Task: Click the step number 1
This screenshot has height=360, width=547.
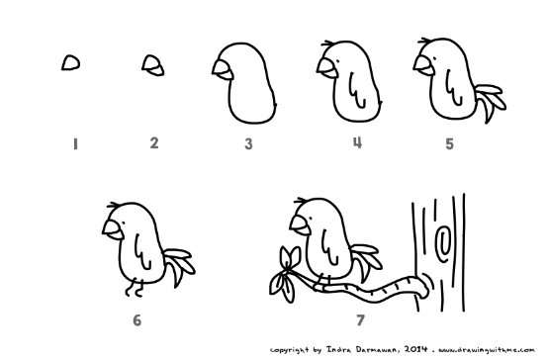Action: pos(75,144)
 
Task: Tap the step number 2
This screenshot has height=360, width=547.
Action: pos(154,143)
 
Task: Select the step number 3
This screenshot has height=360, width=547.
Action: pos(248,143)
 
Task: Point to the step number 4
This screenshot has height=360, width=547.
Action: pos(357,142)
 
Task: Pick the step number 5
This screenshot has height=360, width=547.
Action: pos(449,143)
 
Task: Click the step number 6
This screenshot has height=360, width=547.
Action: pos(137,320)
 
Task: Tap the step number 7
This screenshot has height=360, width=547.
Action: pos(360,319)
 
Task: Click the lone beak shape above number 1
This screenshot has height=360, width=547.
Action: pos(71,62)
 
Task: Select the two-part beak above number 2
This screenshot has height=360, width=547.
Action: pos(153,65)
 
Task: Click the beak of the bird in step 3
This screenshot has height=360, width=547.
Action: pos(223,70)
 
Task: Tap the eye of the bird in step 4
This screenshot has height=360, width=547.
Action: pos(337,62)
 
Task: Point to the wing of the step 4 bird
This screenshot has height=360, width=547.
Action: pos(357,91)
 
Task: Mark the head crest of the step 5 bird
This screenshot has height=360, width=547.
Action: pos(424,42)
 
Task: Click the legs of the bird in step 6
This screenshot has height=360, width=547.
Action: pos(135,288)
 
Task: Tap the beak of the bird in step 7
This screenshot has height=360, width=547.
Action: pos(300,225)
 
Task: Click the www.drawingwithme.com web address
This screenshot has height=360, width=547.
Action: pos(487,350)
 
